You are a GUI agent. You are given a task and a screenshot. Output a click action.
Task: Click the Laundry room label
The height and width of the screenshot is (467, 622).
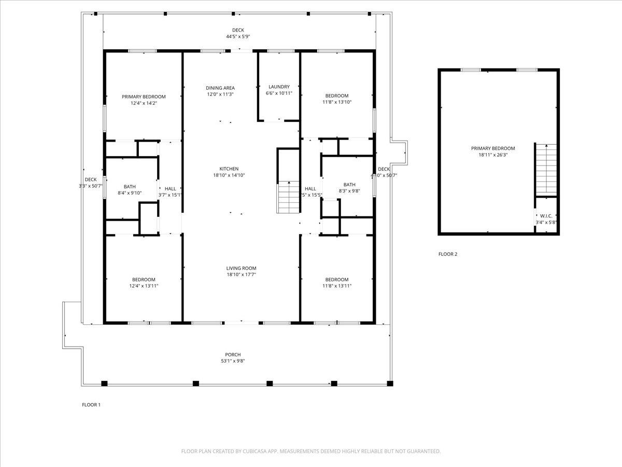pos(279,87)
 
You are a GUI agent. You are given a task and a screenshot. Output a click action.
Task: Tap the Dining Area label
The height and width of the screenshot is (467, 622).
pos(220,88)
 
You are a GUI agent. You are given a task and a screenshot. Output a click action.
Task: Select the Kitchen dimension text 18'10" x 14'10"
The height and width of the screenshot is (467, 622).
pos(229,175)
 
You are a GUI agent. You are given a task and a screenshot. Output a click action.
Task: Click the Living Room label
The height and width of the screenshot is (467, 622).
pos(241,268)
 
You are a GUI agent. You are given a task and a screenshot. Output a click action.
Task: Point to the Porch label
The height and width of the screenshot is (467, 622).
pos(233,355)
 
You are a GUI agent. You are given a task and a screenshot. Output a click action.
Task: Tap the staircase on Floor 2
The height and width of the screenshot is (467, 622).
pos(546,170)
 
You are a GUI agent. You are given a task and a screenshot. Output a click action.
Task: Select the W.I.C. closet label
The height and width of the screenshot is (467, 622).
pos(546,216)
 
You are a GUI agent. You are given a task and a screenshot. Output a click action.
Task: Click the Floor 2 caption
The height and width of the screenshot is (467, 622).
pos(448,254)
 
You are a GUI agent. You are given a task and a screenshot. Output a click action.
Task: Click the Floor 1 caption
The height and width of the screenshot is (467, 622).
pos(91,405)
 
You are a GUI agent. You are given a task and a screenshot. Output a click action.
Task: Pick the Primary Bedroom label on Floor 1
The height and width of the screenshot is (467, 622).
pos(144,97)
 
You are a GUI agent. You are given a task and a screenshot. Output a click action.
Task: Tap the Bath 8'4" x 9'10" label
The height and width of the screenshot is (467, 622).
pos(130,187)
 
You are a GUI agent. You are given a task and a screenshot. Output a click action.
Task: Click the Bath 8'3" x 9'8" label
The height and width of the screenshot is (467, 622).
pos(349,185)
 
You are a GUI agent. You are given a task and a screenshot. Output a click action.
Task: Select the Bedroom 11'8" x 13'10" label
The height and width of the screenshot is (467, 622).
pos(337,96)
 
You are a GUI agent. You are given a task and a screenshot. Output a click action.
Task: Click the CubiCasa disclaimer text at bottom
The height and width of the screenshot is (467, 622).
pos(311,451)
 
